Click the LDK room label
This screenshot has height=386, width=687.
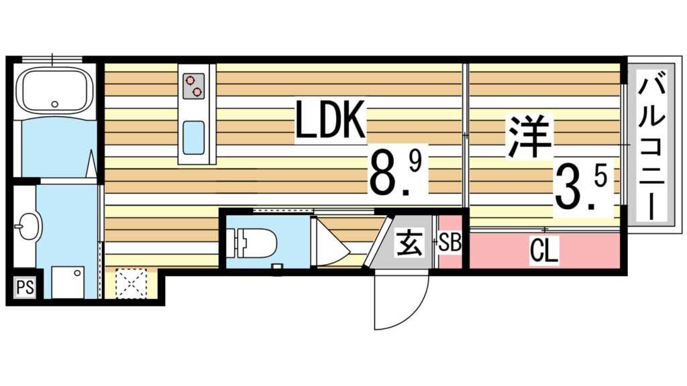[x=331, y=123]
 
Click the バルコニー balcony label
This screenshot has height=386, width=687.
[x=651, y=146]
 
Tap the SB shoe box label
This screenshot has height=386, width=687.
[x=450, y=242]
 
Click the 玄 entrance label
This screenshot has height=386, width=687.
[x=409, y=243]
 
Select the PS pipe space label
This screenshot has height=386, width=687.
[x=25, y=288]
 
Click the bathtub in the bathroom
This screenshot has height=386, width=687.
[x=54, y=90]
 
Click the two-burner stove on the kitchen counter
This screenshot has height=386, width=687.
[x=192, y=85]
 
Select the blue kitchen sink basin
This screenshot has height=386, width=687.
[x=195, y=137]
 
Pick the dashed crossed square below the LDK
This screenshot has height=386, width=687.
[x=131, y=284]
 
